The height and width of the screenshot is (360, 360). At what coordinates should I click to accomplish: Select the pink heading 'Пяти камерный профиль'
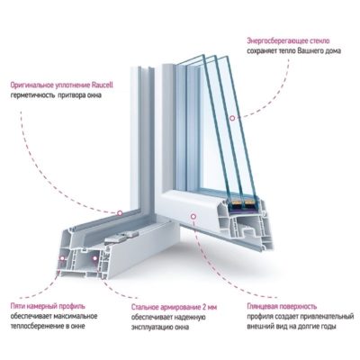(48, 306)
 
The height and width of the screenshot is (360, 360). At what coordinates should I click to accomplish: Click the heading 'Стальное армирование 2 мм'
(174, 308)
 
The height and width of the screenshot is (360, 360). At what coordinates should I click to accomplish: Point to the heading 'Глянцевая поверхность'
(282, 307)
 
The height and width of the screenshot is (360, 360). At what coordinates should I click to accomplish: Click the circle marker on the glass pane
(232, 118)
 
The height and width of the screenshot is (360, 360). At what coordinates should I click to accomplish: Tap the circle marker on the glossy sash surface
(193, 216)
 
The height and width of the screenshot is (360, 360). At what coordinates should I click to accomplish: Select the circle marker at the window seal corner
(120, 213)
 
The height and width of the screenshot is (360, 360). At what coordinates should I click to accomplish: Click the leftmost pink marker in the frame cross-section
(62, 257)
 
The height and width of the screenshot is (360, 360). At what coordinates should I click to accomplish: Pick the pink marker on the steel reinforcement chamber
(94, 257)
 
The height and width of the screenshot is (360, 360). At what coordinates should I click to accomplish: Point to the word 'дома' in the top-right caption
(333, 51)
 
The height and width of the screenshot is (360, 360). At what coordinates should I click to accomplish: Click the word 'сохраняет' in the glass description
(261, 50)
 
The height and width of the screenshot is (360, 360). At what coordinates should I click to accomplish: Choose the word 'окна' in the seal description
(94, 95)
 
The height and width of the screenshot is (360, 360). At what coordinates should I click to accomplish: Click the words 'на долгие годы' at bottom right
(314, 327)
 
